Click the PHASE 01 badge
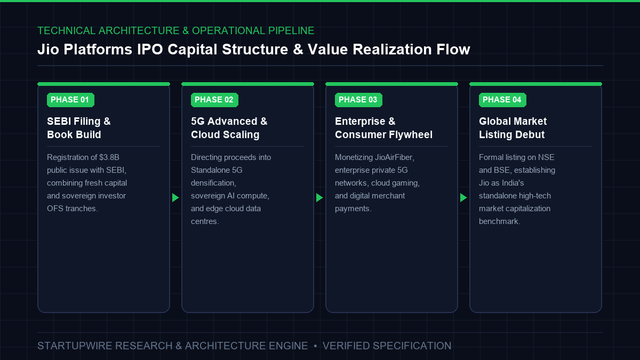point(70,100)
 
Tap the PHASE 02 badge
point(214,100)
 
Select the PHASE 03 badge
point(358,100)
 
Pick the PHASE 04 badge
point(502,100)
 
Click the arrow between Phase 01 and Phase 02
point(175,197)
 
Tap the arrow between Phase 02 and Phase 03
point(319,197)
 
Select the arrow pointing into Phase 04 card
point(463,197)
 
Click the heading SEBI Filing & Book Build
point(78,127)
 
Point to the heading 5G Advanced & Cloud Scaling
point(229,127)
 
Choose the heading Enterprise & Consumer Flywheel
point(383,127)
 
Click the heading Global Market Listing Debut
point(513,127)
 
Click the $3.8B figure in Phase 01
point(109,157)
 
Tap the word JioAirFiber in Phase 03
point(395,157)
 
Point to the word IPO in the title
point(150,50)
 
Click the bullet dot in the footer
point(315,346)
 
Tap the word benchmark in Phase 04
point(499,221)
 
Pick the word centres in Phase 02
point(205,221)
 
